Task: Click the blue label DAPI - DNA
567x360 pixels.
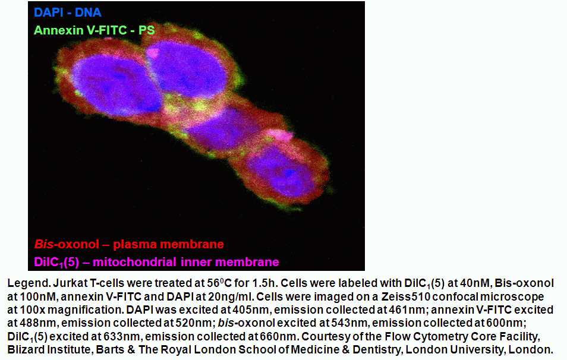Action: [x=68, y=12]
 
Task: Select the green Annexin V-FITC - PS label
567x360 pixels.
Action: [x=94, y=30]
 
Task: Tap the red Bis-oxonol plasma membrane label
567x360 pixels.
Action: [x=129, y=244]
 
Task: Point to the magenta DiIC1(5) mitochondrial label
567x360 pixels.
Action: [x=156, y=262]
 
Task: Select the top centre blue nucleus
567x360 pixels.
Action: [x=186, y=69]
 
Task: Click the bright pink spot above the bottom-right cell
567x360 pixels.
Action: [x=281, y=135]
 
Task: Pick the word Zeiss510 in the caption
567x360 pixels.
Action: [x=405, y=296]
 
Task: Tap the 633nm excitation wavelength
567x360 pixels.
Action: [x=119, y=336]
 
